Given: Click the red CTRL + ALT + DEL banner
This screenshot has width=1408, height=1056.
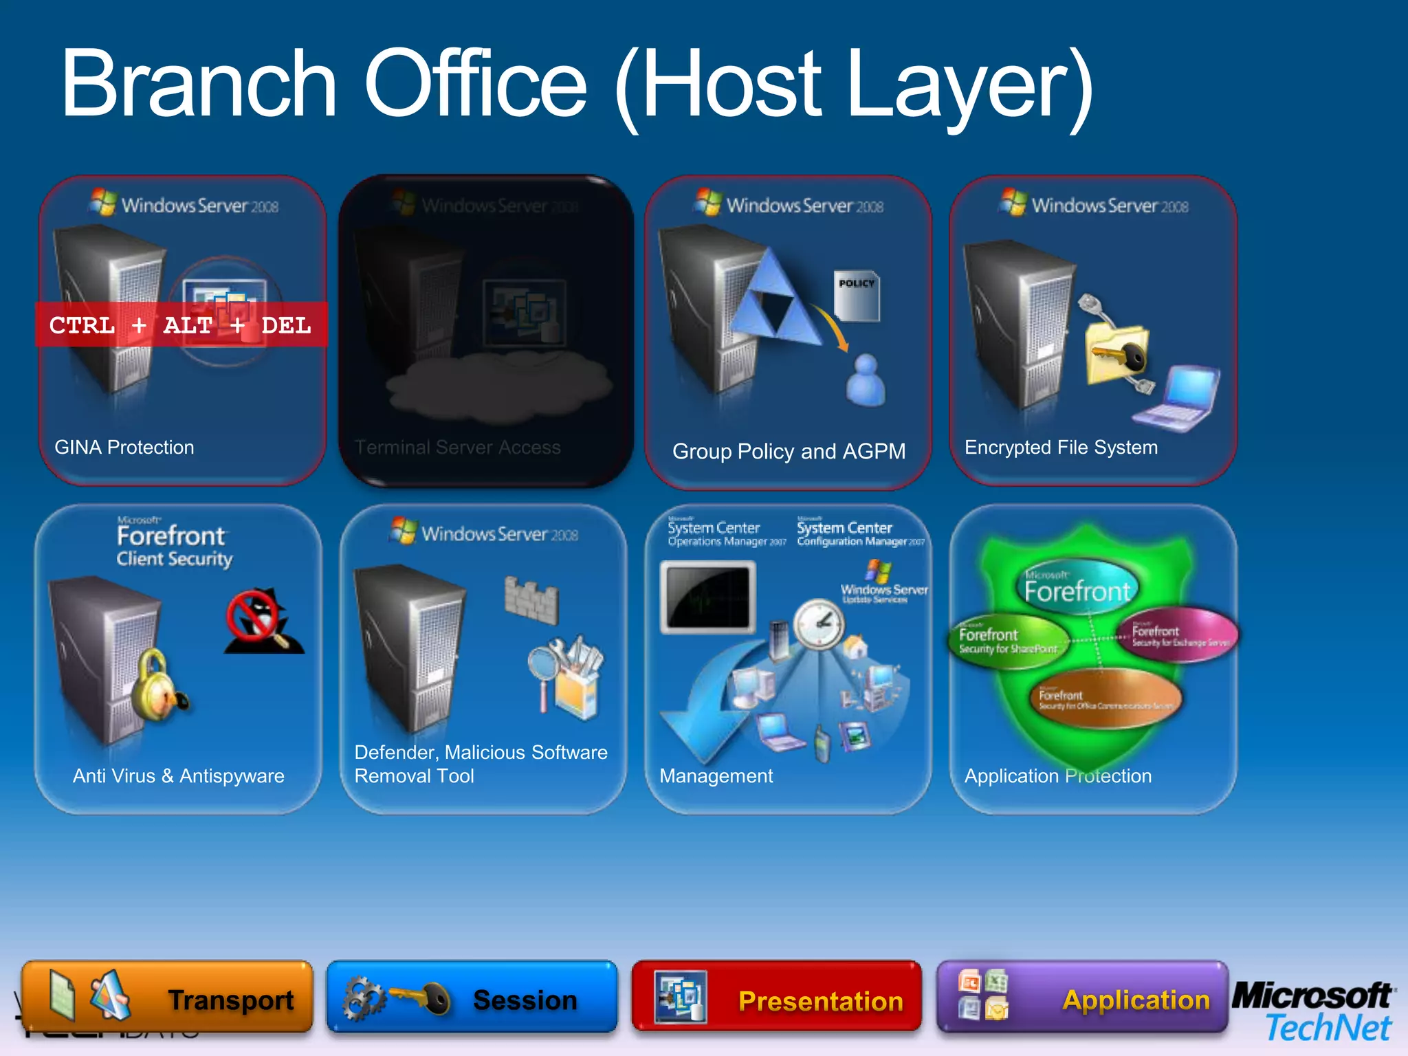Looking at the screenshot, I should tap(181, 324).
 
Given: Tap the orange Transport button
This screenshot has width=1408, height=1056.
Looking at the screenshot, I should tap(167, 997).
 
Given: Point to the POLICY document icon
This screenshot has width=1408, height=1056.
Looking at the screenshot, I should tap(857, 296).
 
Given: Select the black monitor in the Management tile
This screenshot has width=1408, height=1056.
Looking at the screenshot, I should tap(707, 597).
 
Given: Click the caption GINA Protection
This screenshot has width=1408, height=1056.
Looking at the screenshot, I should tap(124, 448).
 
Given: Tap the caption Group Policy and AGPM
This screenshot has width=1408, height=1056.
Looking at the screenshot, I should tap(789, 452).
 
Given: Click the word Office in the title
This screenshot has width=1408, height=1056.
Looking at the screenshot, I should tap(475, 84).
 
